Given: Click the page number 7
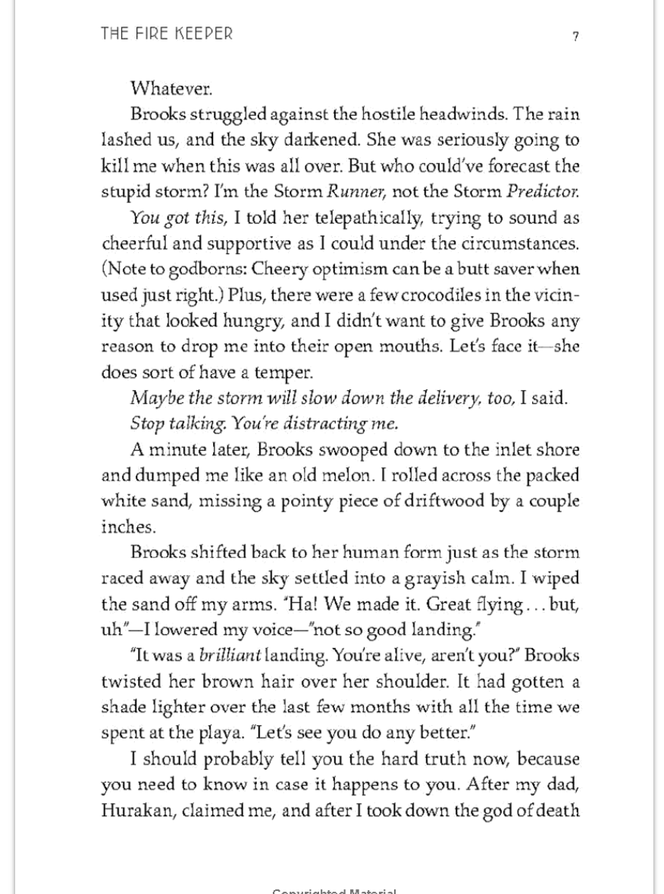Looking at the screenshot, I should click(576, 36).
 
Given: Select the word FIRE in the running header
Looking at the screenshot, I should click(149, 34).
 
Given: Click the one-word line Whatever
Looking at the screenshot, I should click(171, 89).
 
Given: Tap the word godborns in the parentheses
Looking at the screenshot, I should click(207, 269).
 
